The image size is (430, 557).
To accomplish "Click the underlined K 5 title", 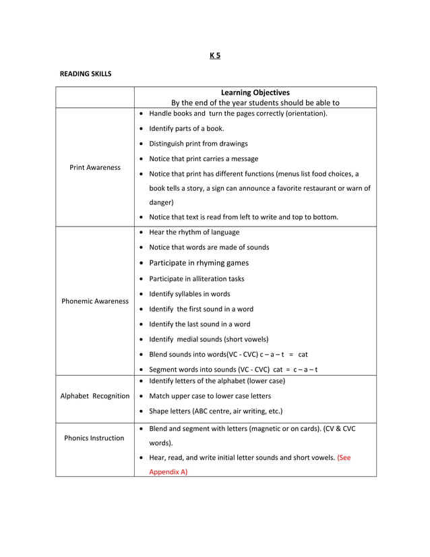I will coord(214,55).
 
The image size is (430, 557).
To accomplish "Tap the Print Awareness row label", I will coord(95,167).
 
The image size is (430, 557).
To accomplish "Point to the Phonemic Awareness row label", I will coord(95,301).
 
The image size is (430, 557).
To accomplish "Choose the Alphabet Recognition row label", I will coord(95,396).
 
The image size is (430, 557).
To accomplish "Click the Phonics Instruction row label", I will coord(94,438).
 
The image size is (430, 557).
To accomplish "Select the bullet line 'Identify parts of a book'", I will coord(187,128).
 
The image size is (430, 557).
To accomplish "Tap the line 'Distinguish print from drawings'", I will coord(198,144).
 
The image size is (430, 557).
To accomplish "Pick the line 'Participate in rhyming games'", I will coord(199,263).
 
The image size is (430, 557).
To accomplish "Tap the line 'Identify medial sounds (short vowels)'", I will coord(208,339).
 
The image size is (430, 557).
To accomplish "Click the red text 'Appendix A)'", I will coord(168,471).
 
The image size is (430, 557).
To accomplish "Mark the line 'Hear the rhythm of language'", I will coord(194,232).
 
